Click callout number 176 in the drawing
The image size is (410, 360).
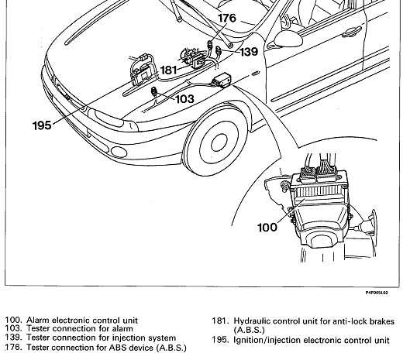point(227,18)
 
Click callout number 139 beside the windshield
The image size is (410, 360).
point(249,52)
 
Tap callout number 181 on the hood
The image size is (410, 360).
point(169,70)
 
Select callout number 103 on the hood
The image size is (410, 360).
point(185,99)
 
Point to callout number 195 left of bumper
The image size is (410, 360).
point(42,125)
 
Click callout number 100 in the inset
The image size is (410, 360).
point(267,228)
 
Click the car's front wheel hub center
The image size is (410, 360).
point(219,142)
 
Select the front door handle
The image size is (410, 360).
point(351,32)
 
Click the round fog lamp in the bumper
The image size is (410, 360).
point(119,152)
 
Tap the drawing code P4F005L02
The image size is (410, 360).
point(377,293)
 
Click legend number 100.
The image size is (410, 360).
point(14,320)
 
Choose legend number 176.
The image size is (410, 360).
point(14,347)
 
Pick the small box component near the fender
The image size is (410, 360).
point(222,80)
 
